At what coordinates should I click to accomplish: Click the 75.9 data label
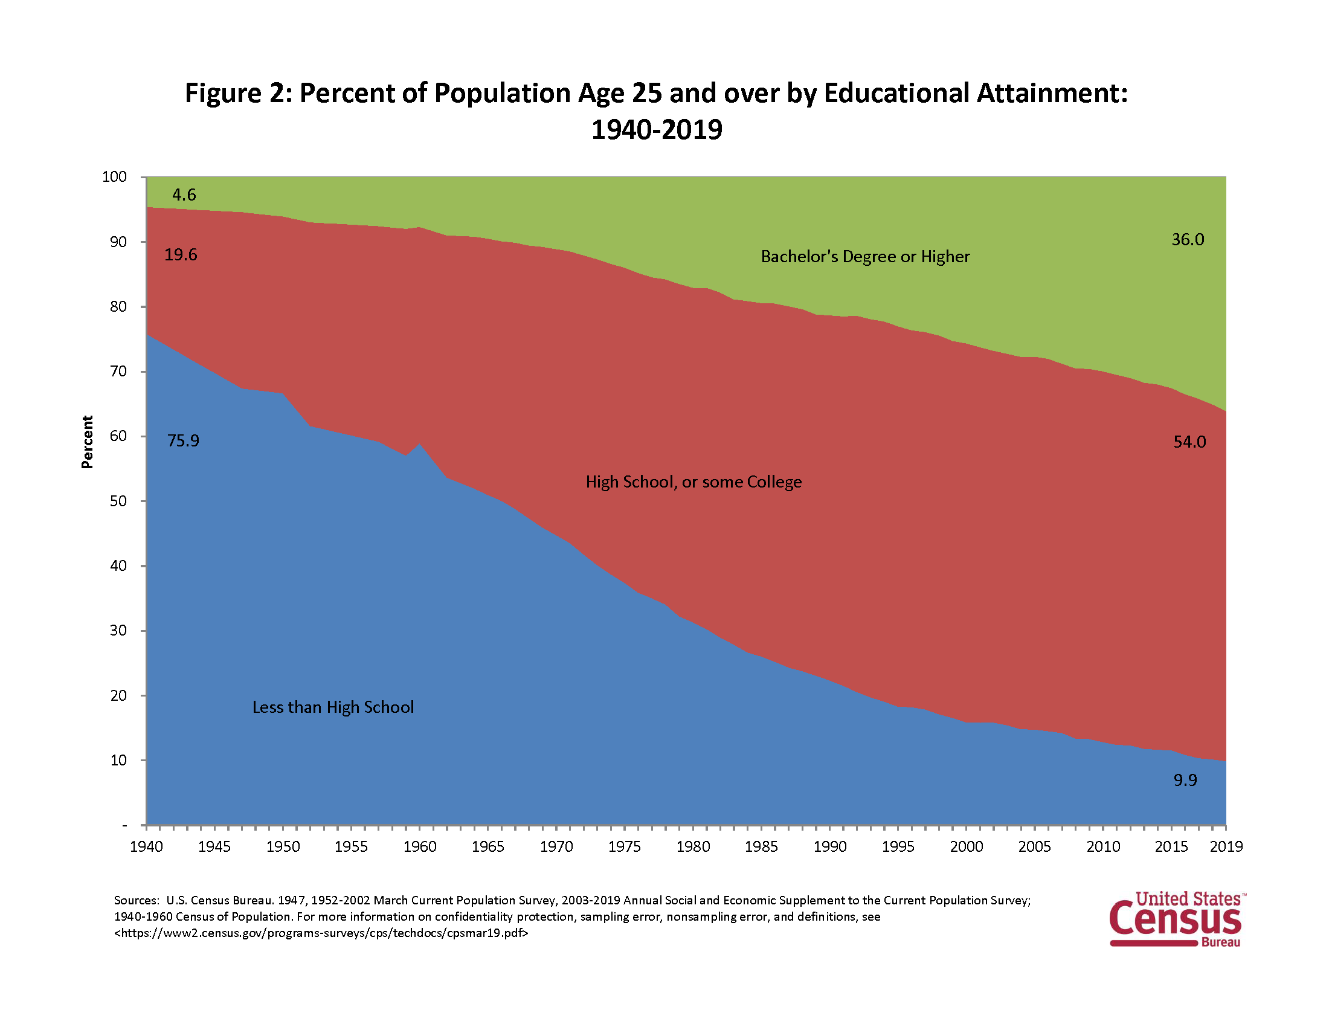click(x=183, y=440)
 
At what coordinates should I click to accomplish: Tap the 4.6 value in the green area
click(x=184, y=195)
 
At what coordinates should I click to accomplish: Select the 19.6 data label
click(x=181, y=254)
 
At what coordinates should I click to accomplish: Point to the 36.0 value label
click(x=1188, y=240)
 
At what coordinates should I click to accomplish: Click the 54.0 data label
click(x=1189, y=442)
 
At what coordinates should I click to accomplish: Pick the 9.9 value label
click(x=1185, y=780)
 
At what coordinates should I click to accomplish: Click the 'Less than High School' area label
click(x=333, y=707)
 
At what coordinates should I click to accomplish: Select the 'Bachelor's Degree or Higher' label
click(x=864, y=257)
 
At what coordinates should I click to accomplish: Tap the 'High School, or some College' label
click(x=693, y=482)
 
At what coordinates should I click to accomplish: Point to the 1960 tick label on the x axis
click(x=420, y=847)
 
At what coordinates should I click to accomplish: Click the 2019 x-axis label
click(x=1226, y=847)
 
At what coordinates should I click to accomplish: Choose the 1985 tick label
click(x=761, y=847)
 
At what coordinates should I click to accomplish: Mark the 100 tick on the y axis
click(x=114, y=177)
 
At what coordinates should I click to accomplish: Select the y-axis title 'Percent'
click(x=88, y=442)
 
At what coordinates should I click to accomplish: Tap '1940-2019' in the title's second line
click(x=657, y=130)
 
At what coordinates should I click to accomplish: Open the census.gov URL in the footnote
click(x=321, y=933)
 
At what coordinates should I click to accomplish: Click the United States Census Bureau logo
click(x=1176, y=919)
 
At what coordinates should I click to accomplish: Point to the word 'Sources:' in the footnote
click(x=137, y=900)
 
